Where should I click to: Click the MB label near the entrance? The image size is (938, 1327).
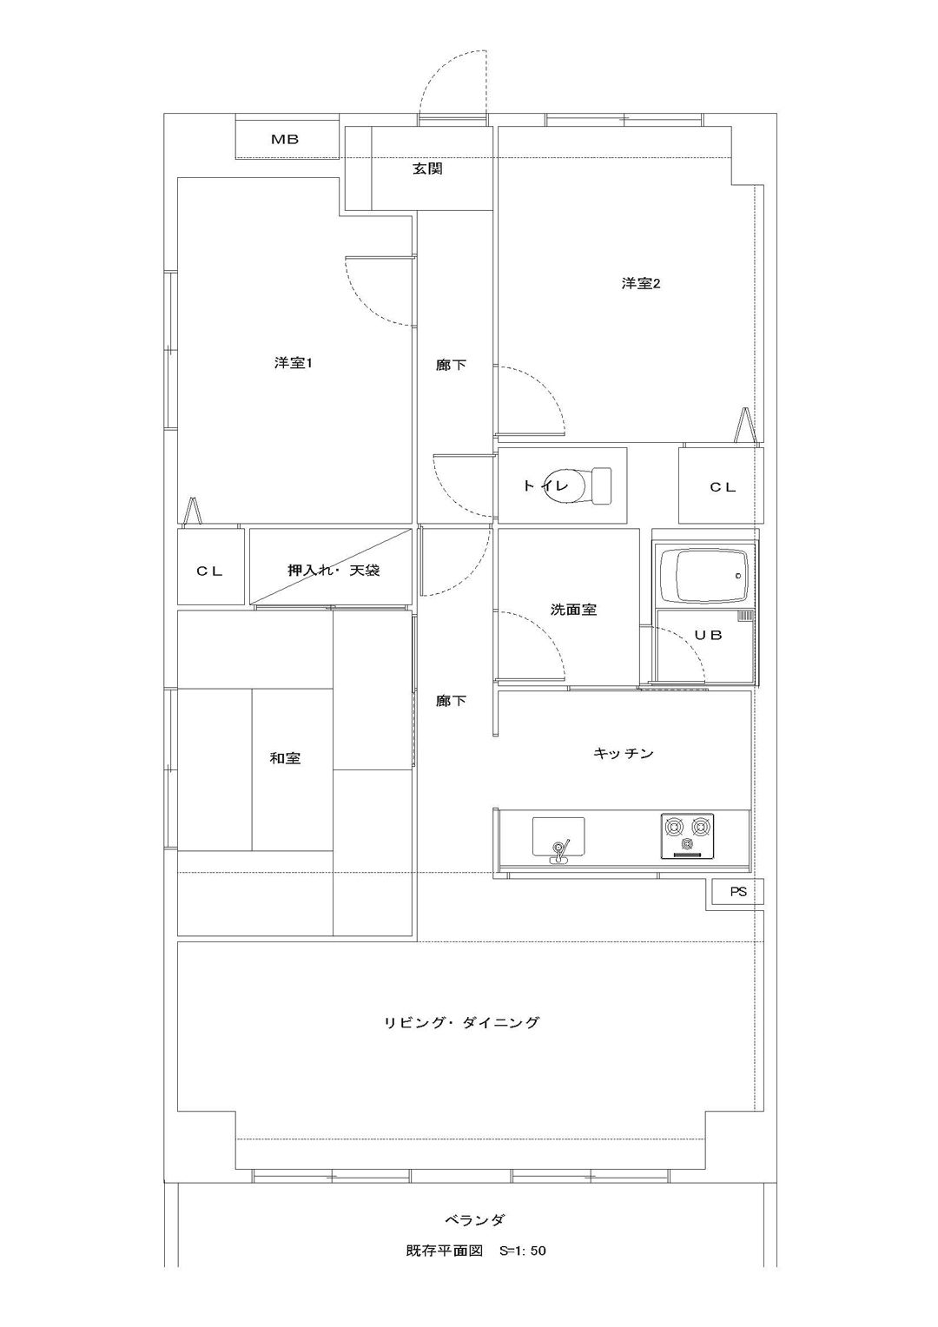pos(285,139)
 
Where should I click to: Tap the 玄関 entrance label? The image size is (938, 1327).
pos(428,169)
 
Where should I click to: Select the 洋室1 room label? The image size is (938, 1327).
pos(293,362)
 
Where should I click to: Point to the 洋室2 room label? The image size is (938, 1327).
pos(641,283)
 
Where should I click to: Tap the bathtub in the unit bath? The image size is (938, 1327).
pos(704,574)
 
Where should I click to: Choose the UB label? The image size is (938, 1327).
pos(708,635)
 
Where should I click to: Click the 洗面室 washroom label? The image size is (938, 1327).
pos(573,610)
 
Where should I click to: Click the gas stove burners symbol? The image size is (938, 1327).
pos(687,836)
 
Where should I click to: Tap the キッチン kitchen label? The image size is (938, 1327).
pos(623,754)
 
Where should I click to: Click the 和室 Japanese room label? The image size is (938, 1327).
pos(285,757)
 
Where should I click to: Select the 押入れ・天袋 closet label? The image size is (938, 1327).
pos(334,571)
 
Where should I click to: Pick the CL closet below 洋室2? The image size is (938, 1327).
pos(721,485)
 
